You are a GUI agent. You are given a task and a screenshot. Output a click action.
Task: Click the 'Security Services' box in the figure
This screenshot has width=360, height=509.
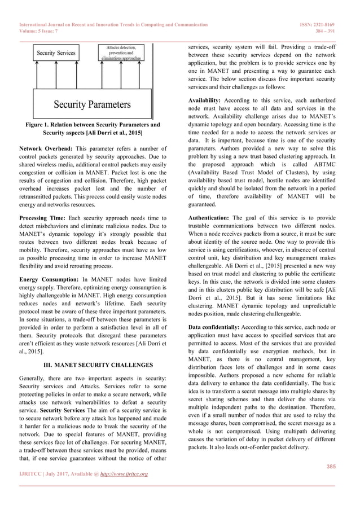56,52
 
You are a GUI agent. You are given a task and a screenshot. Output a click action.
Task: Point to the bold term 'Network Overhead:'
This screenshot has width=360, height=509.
46,148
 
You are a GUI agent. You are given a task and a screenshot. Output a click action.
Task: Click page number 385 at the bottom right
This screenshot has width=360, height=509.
332,466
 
